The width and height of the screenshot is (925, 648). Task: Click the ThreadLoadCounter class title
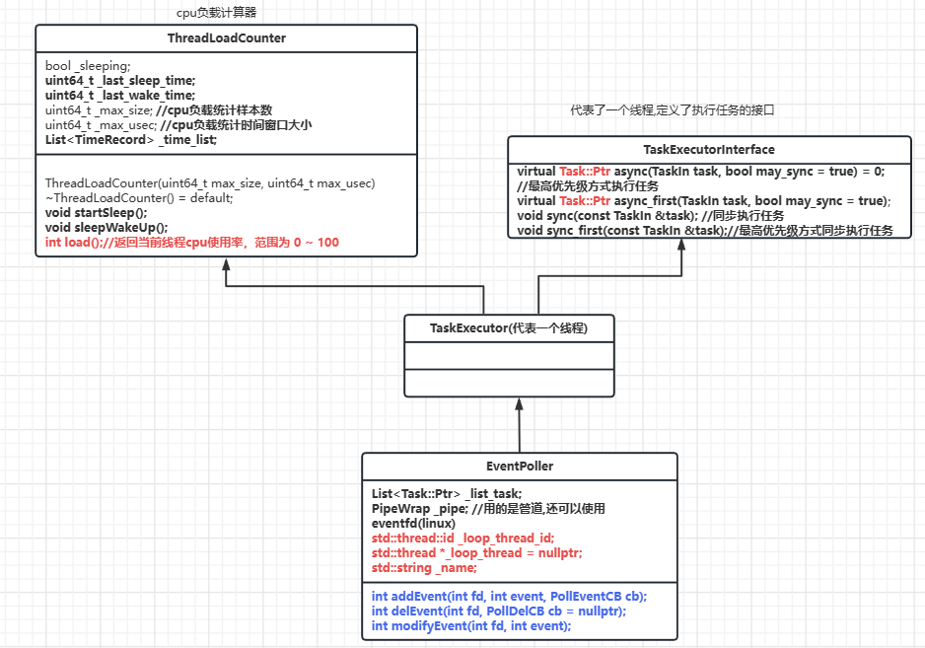(x=227, y=38)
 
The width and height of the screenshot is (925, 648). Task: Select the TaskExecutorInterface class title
(x=708, y=149)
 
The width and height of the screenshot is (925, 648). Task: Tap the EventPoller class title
(x=519, y=466)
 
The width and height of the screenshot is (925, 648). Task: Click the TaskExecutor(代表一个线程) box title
(x=509, y=327)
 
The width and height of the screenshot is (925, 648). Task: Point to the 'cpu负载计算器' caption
(x=216, y=13)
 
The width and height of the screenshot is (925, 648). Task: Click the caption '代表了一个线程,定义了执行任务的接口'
(x=673, y=110)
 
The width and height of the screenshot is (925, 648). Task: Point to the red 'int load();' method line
(x=192, y=242)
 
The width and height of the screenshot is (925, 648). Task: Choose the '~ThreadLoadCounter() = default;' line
(x=139, y=197)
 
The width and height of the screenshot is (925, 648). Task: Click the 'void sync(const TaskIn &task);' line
(x=651, y=216)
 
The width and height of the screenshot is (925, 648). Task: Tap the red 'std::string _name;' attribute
(x=424, y=568)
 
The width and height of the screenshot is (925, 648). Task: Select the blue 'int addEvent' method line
(x=509, y=597)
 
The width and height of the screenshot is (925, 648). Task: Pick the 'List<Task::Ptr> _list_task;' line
(x=447, y=494)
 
